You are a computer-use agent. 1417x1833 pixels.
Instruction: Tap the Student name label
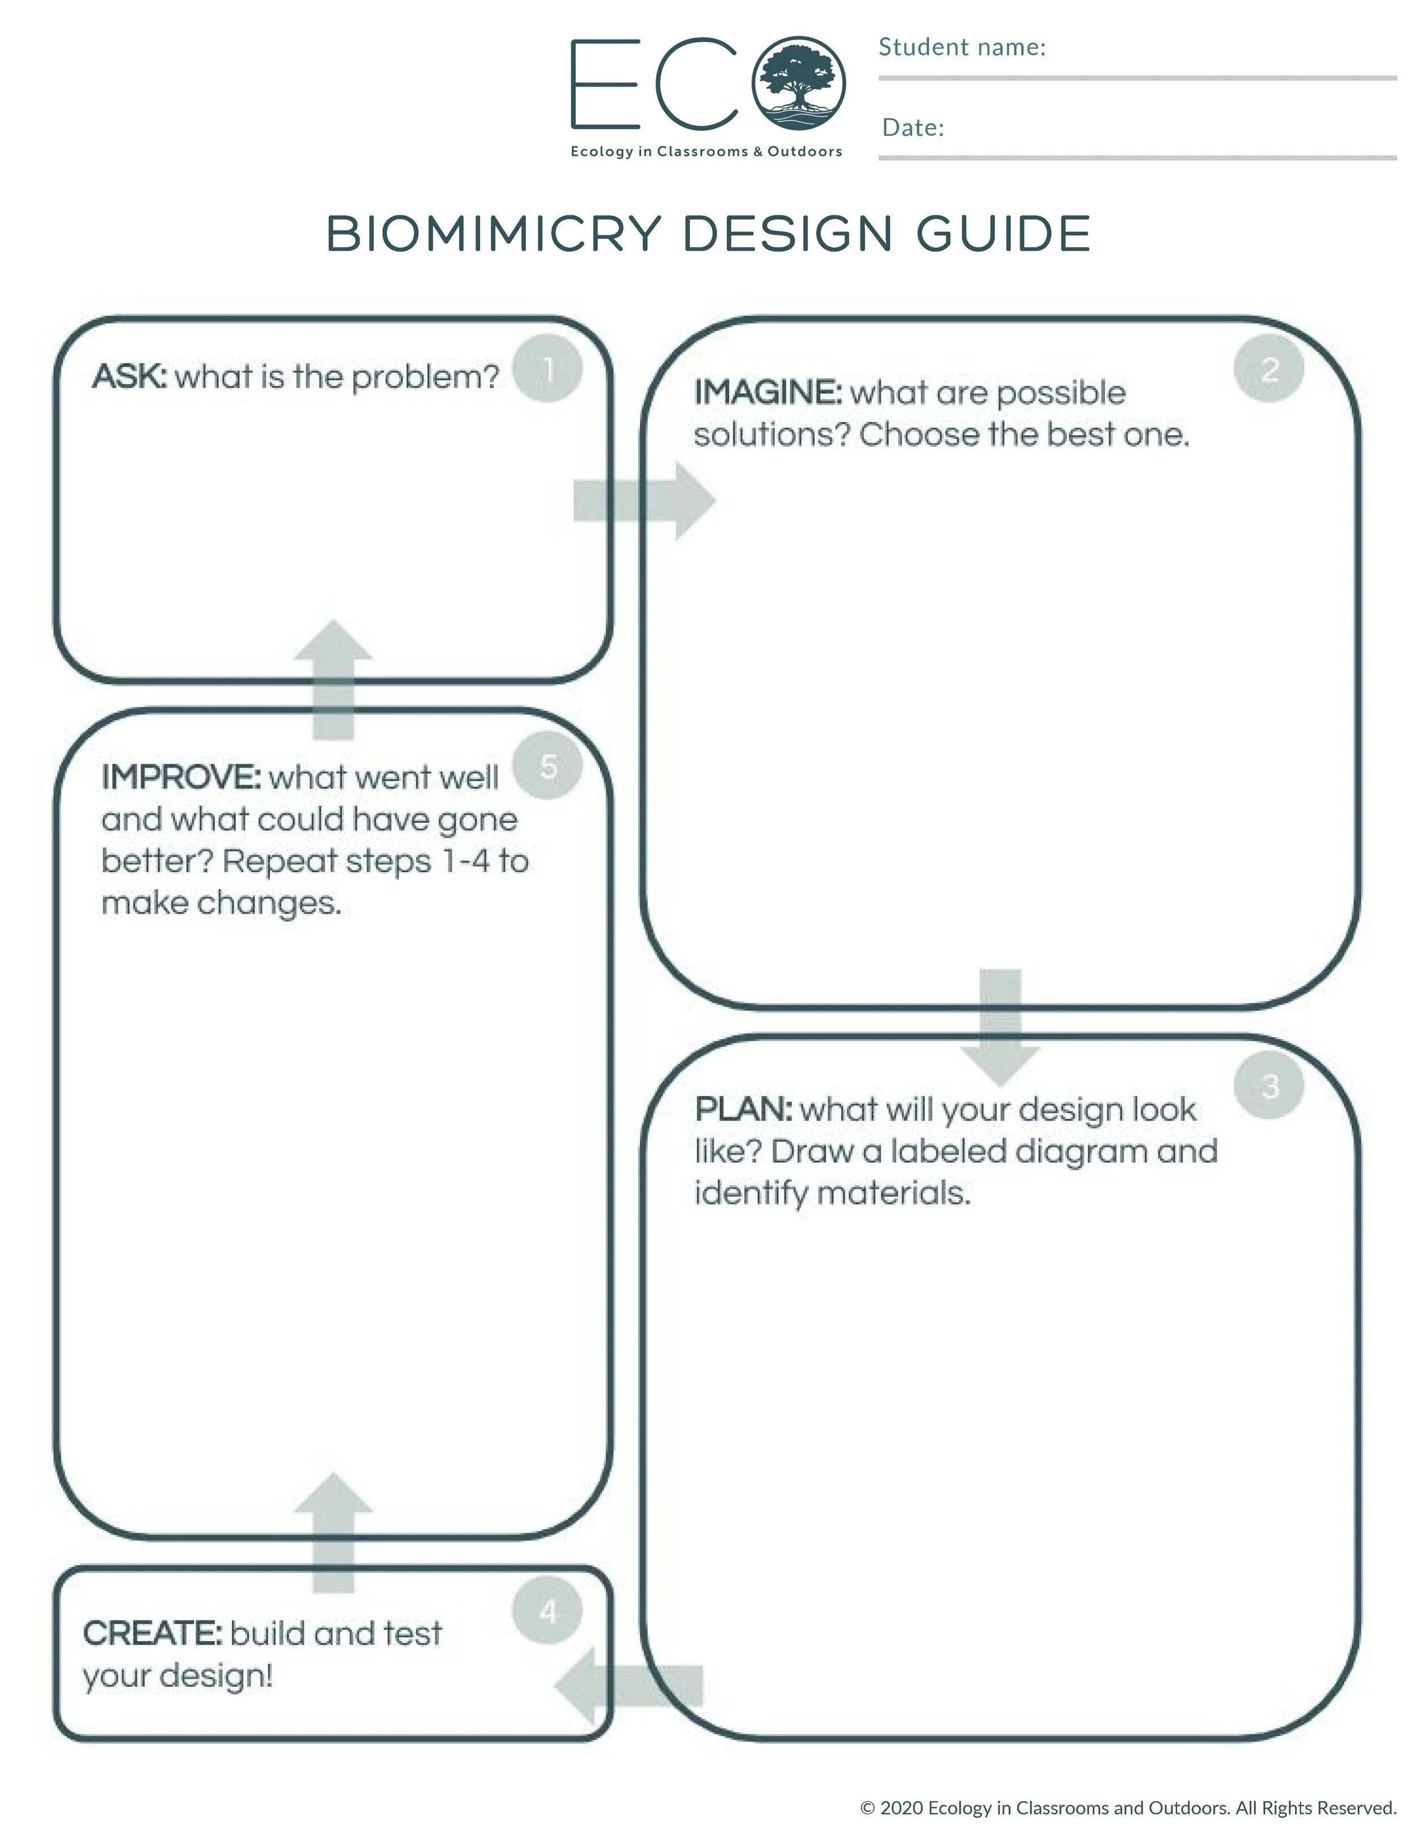point(962,47)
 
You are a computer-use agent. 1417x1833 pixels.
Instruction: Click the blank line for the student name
point(1138,77)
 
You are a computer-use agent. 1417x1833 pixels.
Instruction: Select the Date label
point(913,127)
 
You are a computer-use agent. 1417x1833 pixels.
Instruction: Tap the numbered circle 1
point(548,368)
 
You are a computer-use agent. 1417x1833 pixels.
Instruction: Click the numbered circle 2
point(1268,368)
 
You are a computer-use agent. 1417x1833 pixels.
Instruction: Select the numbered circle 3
point(1268,1085)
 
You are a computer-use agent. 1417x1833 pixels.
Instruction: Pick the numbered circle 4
point(548,1610)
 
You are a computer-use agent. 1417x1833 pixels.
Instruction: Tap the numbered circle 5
point(548,765)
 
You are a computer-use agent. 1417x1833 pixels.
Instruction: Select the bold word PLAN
point(743,1109)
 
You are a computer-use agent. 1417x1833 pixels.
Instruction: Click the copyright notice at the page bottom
point(1128,1807)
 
